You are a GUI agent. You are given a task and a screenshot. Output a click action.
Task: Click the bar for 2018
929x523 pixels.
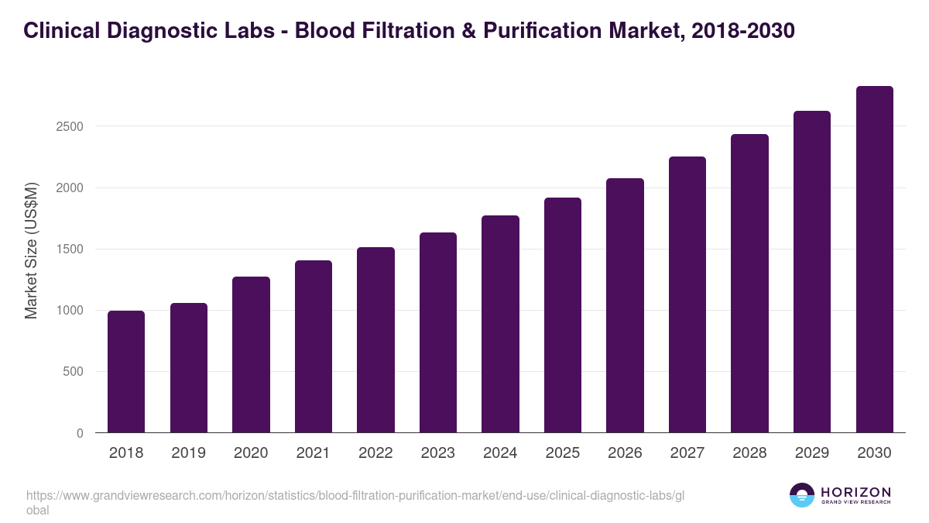(126, 372)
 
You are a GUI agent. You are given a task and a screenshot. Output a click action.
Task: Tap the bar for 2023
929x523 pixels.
(438, 333)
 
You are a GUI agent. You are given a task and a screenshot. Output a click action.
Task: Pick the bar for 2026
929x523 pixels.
(625, 306)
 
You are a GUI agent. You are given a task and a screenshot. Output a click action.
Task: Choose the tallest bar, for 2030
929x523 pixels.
(874, 260)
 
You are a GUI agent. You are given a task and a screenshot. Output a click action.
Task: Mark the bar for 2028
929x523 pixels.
(749, 284)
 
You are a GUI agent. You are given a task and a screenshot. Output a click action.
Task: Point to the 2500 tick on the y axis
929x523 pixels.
(69, 126)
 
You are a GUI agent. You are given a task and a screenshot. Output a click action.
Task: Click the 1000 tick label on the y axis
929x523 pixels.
(69, 311)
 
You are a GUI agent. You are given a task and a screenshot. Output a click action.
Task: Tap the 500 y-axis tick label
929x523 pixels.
(72, 372)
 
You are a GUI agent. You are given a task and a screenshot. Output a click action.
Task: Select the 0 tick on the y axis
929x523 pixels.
(80, 433)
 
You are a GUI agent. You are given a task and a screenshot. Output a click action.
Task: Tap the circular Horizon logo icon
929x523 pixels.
(802, 496)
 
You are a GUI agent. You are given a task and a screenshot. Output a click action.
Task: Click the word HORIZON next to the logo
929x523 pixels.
(855, 492)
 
